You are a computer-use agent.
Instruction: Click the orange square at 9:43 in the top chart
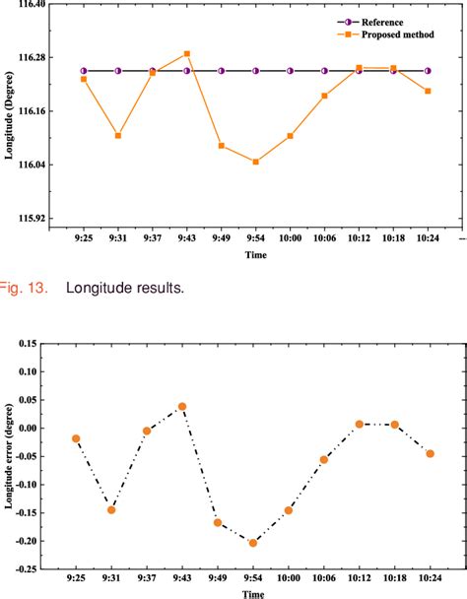[187, 54]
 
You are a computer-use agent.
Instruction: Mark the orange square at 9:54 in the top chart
[255, 162]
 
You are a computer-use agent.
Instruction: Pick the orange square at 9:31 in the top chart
[118, 135]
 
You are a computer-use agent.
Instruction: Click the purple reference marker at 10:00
[290, 71]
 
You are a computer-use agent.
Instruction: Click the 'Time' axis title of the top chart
[255, 254]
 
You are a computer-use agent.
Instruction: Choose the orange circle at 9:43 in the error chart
[182, 407]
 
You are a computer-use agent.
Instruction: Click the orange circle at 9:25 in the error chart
[76, 438]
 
